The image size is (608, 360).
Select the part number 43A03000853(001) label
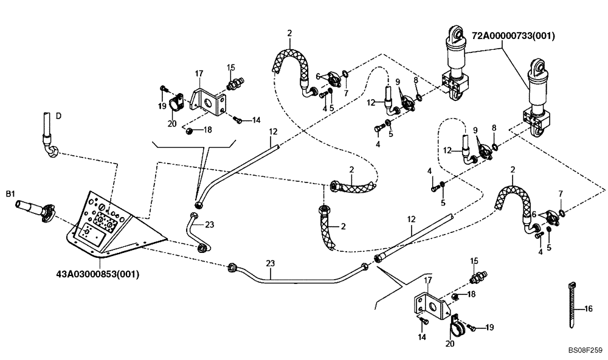(94, 274)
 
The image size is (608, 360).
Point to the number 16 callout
(588, 310)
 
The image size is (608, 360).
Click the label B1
(10, 194)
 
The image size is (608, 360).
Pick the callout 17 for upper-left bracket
(198, 74)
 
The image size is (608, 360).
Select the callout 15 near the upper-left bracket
(231, 67)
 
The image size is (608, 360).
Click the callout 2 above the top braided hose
(290, 32)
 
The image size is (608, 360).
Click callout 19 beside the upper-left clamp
(162, 106)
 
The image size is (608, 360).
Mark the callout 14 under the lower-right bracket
(421, 336)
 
